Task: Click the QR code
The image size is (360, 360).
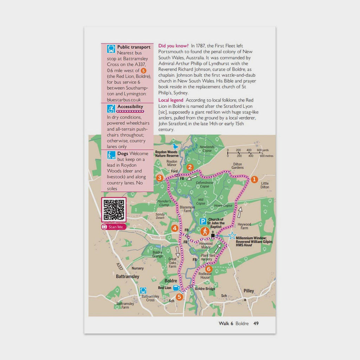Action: tap(114, 210)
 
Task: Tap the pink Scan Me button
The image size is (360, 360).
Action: tap(114, 227)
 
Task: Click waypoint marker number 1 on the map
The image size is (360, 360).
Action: tap(254, 179)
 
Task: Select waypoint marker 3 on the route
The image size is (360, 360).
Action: tap(160, 178)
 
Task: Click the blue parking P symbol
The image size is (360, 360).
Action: tap(203, 221)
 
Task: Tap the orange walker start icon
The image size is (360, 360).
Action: tap(205, 231)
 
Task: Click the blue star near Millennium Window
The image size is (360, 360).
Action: tap(232, 236)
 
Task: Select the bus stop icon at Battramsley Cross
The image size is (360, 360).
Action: tap(143, 290)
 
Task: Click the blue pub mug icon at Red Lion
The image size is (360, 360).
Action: tap(176, 288)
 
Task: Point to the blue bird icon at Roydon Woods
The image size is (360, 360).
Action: tap(175, 146)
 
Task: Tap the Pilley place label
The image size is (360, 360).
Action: tap(249, 291)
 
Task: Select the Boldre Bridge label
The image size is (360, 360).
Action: tap(205, 289)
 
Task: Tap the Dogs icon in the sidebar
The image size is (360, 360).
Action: tap(111, 155)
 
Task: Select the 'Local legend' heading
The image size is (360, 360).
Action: tap(171, 100)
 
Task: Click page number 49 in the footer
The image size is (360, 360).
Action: tap(256, 323)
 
